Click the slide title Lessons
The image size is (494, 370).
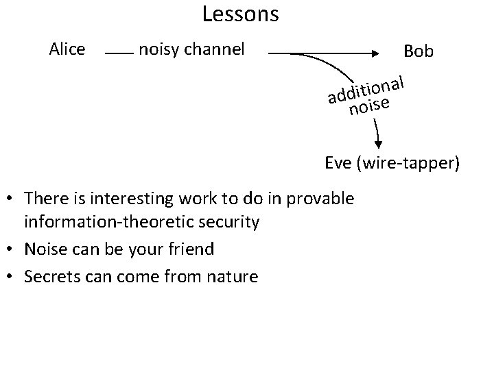pos(240,14)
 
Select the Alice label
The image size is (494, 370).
pos(67,49)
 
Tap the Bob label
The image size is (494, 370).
pos(419,51)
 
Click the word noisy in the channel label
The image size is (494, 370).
pos(156,49)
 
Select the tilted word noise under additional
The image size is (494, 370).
pos(369,106)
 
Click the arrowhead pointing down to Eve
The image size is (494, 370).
pos(377,145)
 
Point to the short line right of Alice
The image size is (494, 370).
pos(119,51)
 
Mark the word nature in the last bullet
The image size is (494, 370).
pos(233,276)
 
